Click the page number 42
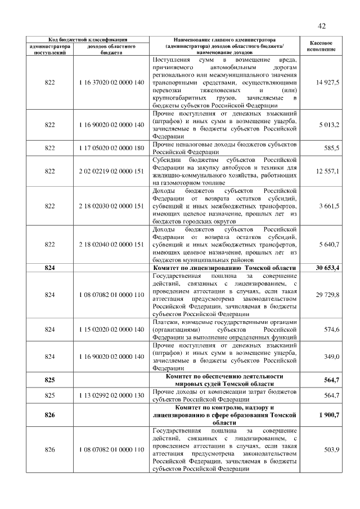coord(322,26)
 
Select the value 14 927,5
coord(327,83)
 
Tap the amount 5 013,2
coord(327,124)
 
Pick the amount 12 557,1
coord(327,171)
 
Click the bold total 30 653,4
coord(327,268)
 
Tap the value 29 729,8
coord(327,295)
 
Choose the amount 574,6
coord(330,329)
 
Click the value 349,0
coord(330,356)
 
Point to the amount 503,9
coord(330,449)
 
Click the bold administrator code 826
coord(50,415)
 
